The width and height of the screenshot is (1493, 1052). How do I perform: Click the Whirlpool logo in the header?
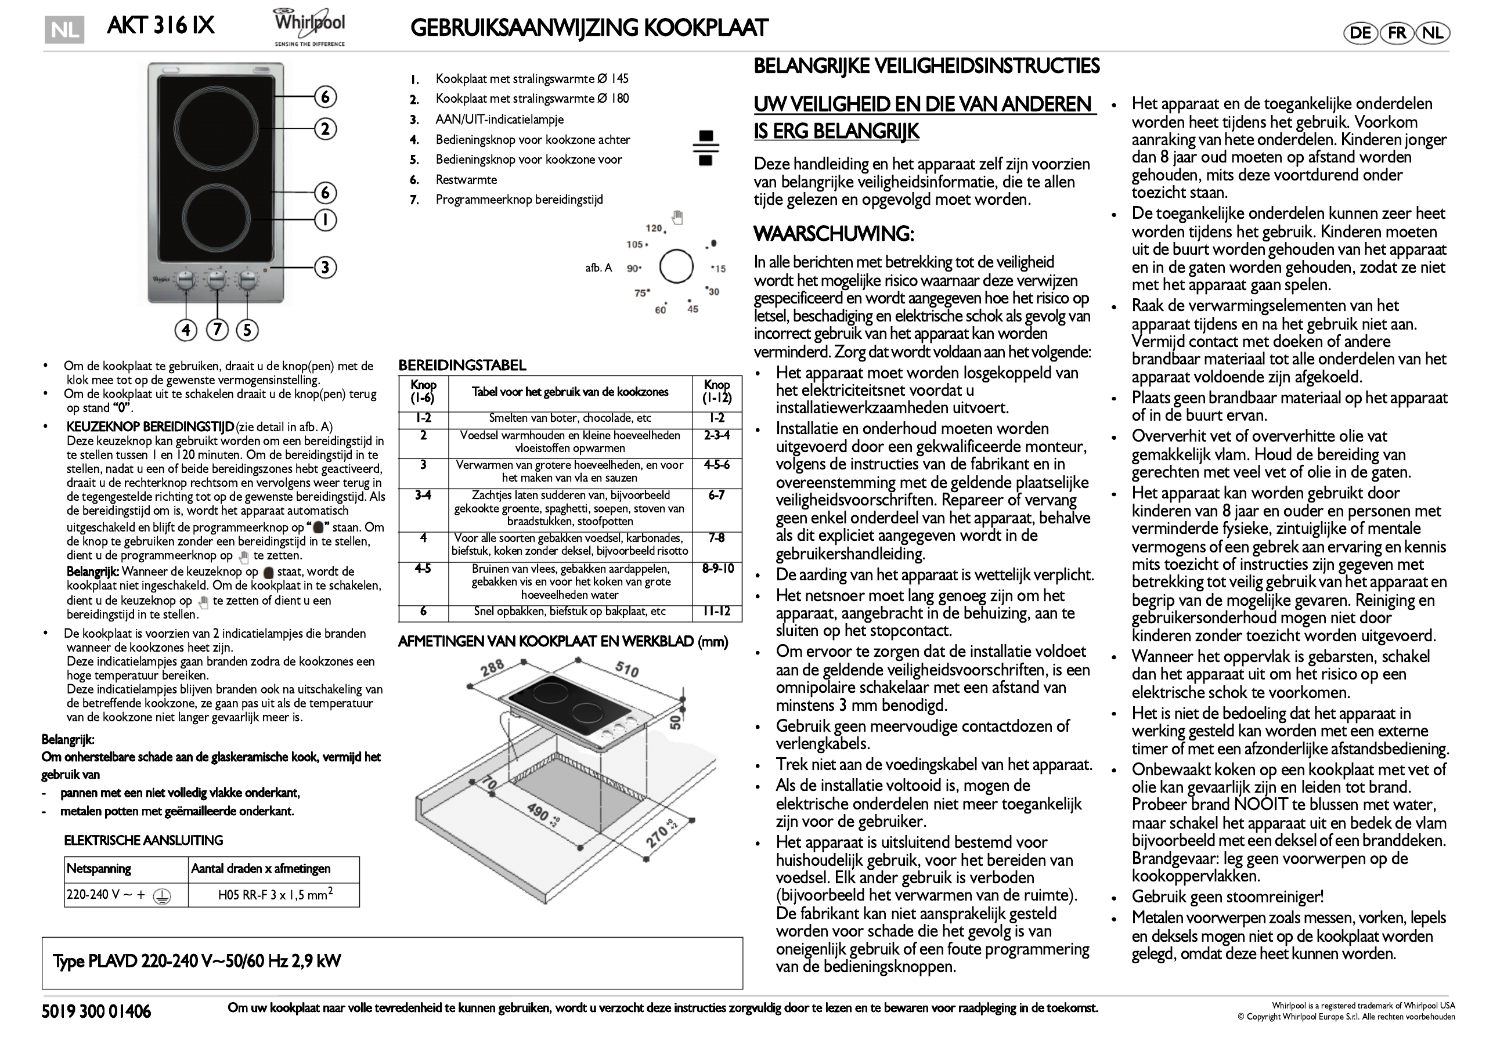(x=309, y=27)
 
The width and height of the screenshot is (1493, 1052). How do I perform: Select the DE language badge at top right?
(x=1360, y=33)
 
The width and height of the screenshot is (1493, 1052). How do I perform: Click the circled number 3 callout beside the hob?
(x=325, y=267)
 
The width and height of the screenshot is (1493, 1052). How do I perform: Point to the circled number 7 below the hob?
(x=217, y=330)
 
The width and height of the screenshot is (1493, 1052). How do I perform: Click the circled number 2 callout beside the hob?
(x=325, y=129)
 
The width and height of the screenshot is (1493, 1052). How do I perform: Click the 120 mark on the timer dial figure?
(x=654, y=228)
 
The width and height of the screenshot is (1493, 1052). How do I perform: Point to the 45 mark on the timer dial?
(x=693, y=309)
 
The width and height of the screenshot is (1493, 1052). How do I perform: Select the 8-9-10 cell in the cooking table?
(x=717, y=569)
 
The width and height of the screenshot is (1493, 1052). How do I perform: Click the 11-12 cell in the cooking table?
(x=717, y=611)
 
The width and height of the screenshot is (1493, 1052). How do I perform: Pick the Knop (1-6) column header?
(x=423, y=392)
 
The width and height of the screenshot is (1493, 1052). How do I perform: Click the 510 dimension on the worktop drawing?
(x=627, y=669)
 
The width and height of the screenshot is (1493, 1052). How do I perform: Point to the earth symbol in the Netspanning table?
(x=161, y=896)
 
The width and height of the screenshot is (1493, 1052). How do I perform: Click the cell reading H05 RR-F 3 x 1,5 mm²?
(x=275, y=895)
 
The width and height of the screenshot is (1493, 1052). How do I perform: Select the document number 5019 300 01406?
(x=96, y=1012)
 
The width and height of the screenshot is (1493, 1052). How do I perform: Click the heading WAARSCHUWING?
(x=834, y=233)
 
